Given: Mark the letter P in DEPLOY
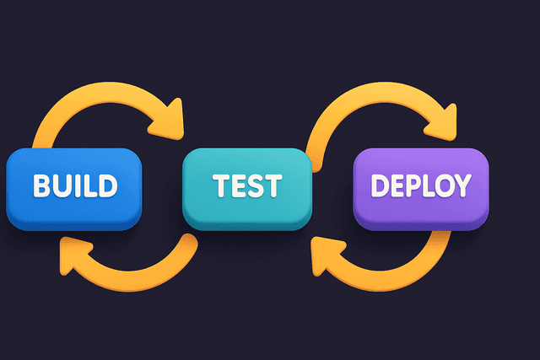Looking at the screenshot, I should [x=408, y=185].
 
